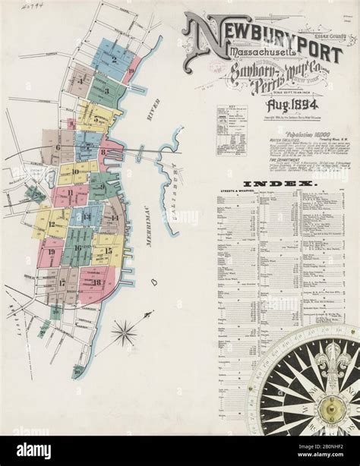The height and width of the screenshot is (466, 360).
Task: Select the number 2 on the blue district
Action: coord(114,60)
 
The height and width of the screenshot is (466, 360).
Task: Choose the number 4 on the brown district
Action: coord(81,79)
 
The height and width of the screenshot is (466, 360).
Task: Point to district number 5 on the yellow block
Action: coord(95,119)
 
